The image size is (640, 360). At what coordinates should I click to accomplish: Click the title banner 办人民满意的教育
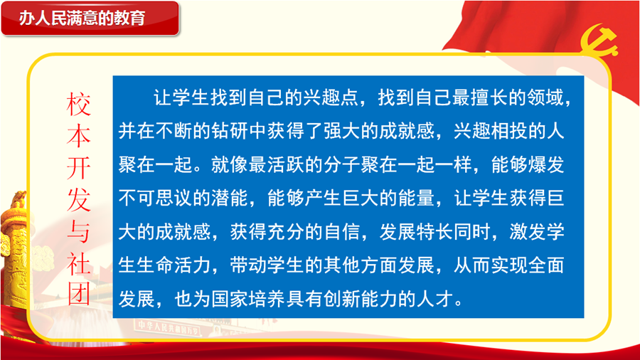pos(90,18)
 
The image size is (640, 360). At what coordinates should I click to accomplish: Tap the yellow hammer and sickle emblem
pos(599,40)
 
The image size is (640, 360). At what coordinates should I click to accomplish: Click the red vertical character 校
pos(78,104)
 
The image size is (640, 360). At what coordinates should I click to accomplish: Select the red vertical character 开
pos(78,168)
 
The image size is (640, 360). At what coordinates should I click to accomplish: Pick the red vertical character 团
pos(78,295)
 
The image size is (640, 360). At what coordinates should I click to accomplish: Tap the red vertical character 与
pos(78,231)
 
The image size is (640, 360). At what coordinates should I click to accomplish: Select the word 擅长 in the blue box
pos(489,98)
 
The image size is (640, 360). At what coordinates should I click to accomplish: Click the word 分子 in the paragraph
pos(342,165)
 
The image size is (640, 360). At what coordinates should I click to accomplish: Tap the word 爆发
pos(545,165)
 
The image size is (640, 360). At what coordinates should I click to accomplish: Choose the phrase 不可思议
pos(156,198)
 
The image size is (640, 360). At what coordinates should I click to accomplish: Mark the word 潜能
pos(230,198)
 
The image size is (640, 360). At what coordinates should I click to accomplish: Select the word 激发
pos(528,232)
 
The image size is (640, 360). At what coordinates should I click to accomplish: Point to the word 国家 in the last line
pos(230,300)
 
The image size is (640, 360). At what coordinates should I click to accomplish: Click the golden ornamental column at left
pos(15,249)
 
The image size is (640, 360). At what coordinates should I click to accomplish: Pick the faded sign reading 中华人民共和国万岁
pos(168,327)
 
